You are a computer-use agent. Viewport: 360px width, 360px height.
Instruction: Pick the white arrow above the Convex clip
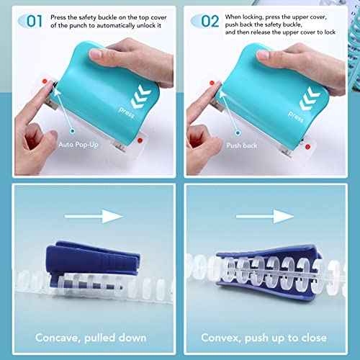tap(270, 214)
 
